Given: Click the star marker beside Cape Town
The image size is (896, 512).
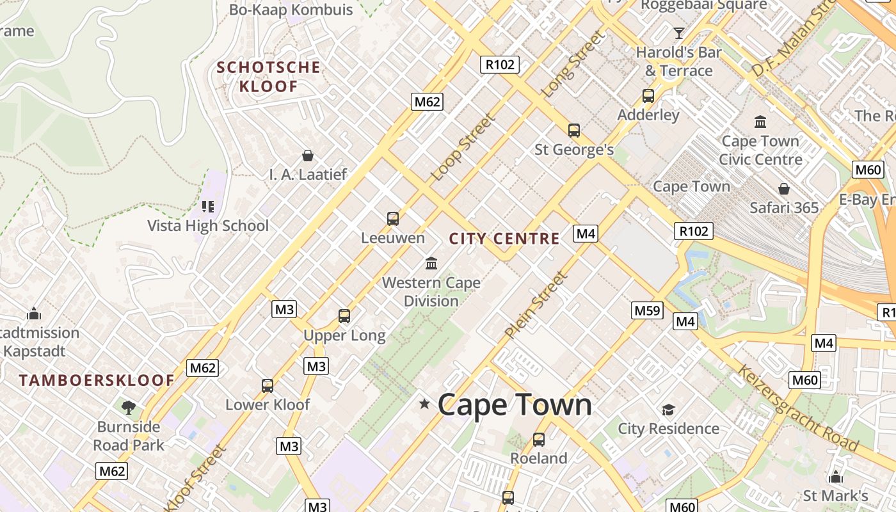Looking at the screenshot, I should [424, 404].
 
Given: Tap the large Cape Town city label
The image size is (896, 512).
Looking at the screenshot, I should [515, 405].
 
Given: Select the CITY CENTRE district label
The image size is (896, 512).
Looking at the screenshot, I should [504, 239].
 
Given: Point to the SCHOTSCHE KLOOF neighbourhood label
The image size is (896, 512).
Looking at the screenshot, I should [268, 77].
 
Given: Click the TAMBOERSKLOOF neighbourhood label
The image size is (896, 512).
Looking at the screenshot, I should [97, 380].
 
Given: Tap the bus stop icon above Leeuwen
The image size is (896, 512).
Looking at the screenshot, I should [393, 219].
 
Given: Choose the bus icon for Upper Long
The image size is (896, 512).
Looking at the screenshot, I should [344, 316].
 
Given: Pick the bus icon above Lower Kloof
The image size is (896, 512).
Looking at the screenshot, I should [268, 386].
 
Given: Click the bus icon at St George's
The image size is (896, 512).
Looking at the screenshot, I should [574, 131].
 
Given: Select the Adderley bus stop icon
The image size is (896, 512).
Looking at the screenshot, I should [648, 96].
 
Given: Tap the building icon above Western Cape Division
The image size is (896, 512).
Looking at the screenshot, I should [431, 263].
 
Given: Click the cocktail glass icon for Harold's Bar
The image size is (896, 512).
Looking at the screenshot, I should [679, 33].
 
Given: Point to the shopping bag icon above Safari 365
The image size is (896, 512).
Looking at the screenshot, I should [784, 189].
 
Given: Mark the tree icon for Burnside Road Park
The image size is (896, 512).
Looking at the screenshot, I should [129, 407].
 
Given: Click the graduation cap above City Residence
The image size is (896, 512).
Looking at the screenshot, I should [668, 410].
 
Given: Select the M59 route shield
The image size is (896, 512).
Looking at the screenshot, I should [647, 311].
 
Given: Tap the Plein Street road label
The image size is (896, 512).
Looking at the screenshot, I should [536, 305].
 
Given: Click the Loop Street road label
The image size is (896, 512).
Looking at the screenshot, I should [464, 147].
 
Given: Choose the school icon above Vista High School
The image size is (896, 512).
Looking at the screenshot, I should [208, 206].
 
